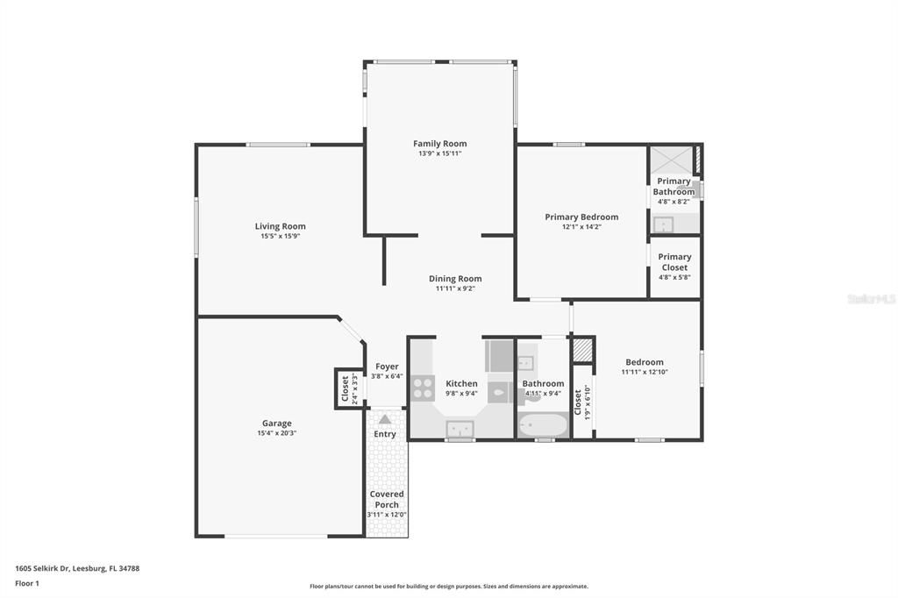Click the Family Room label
coord(439,143)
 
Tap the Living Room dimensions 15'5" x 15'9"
coord(281,237)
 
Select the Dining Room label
coord(454,279)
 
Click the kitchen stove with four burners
coord(423,388)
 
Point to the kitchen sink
coord(460,428)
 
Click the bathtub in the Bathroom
coord(543,426)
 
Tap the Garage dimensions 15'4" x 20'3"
coord(277,433)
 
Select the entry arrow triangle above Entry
coord(385,419)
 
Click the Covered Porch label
coord(387,499)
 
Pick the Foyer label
coord(387,367)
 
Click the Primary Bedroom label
coord(581,217)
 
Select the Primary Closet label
coord(674,262)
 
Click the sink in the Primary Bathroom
coord(663,224)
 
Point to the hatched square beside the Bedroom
coord(582,349)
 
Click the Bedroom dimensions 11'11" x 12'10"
coord(645,373)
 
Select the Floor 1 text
coord(28,583)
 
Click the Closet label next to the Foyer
coord(346,388)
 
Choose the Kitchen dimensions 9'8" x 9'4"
coord(461,394)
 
